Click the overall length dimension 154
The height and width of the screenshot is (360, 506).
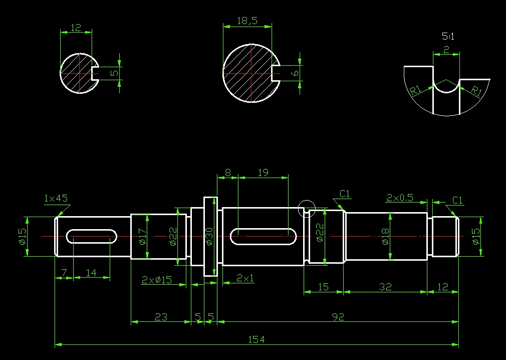(257, 339)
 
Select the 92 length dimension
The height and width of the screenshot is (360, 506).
(338, 317)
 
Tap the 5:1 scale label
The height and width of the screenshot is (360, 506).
(448, 36)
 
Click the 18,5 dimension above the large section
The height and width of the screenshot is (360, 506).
(247, 21)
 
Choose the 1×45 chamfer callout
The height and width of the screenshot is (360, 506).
(56, 198)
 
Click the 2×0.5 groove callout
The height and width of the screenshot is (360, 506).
(400, 198)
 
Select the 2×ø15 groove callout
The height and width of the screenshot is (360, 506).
(157, 280)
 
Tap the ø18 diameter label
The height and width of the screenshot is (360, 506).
(385, 236)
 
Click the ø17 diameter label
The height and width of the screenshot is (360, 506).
(142, 236)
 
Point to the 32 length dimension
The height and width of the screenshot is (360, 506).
(385, 287)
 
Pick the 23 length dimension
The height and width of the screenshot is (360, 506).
(161, 317)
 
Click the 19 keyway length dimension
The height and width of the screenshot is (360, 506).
(263, 172)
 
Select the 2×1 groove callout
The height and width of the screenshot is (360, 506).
(245, 278)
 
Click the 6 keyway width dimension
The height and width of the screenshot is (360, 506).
(295, 73)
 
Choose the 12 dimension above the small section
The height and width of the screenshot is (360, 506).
(76, 28)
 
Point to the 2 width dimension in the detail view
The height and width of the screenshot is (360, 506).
(446, 50)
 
